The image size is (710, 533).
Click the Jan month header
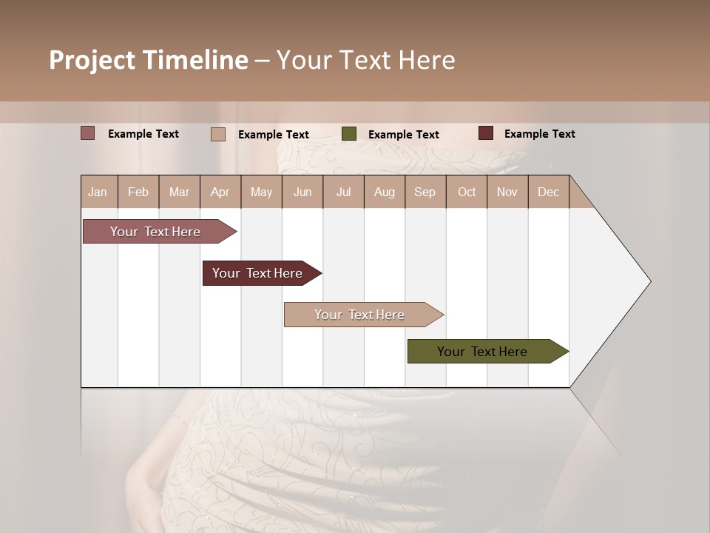98,192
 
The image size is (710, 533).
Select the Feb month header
138,192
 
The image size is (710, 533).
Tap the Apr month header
220,192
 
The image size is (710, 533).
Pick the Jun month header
302,192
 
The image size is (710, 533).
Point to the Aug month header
385,192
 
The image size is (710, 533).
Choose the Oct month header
467,192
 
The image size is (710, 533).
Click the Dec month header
549,192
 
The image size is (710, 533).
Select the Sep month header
425,192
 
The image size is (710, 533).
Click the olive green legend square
349,134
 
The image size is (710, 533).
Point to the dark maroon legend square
486,133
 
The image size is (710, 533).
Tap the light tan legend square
218,134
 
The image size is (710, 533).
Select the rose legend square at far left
87,133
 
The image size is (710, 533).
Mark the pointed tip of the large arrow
649,281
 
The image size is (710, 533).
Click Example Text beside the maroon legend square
539,134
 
